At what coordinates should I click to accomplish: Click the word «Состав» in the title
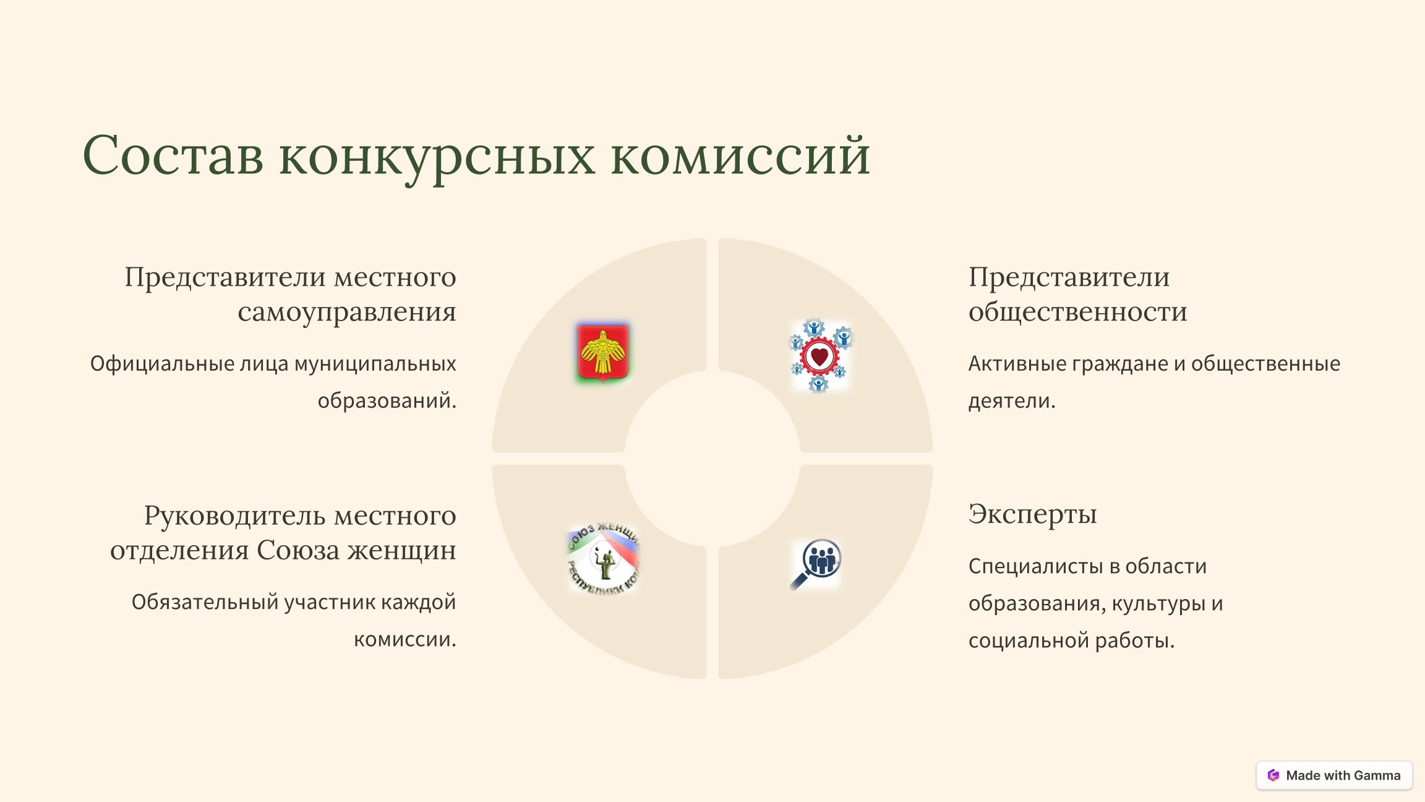pos(173,155)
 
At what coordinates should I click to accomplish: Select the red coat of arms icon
pos(603,351)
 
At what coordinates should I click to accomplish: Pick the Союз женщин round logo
pos(604,559)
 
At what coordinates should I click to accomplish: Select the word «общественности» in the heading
pos(1078,311)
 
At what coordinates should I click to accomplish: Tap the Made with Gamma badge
pos(1334,775)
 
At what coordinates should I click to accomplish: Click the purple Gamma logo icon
pos(1273,775)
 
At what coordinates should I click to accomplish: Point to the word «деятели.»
pos(1012,401)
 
